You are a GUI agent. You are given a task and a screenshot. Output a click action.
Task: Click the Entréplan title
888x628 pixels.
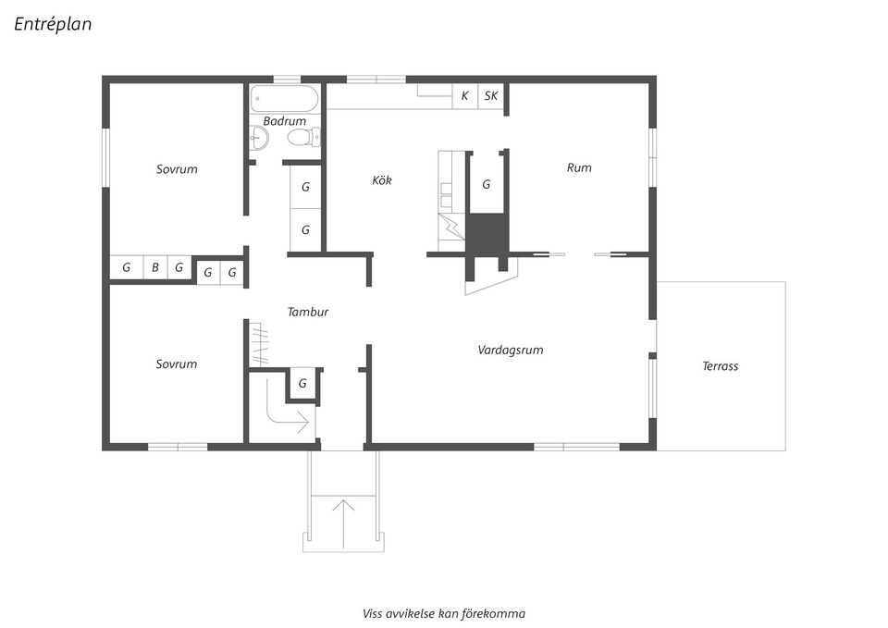click(53, 24)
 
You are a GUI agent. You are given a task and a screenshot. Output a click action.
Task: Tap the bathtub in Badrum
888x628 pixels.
click(284, 99)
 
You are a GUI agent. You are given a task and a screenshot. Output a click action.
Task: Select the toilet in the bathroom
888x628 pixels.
click(304, 137)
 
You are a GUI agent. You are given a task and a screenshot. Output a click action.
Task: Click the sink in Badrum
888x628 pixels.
click(259, 137)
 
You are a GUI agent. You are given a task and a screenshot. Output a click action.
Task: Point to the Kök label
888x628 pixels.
click(382, 180)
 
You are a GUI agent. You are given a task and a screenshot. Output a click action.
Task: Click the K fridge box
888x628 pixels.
click(465, 95)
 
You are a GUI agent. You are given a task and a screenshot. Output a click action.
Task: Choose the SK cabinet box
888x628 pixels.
click(491, 95)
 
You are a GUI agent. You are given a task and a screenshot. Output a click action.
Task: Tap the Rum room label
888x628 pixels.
click(579, 167)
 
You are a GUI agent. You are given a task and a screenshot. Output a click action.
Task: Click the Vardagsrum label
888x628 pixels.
click(511, 350)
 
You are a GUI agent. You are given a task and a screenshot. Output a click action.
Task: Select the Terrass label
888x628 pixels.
click(720, 366)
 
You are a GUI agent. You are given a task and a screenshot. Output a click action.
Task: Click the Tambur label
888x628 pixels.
click(307, 312)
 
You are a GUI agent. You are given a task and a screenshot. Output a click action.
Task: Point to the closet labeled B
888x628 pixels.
click(155, 267)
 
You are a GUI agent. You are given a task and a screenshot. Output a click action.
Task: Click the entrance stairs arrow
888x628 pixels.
click(343, 523)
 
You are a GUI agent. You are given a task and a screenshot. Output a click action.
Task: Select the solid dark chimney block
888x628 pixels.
click(487, 234)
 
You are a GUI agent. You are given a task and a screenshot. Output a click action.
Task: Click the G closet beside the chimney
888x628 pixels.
click(486, 185)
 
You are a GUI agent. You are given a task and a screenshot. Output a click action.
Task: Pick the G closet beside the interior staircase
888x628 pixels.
click(302, 384)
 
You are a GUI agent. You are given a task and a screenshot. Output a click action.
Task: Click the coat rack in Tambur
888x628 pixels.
click(259, 344)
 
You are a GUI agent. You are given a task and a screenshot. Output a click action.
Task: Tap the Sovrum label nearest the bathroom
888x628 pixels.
click(177, 169)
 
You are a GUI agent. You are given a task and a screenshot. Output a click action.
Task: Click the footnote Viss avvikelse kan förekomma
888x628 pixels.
click(443, 614)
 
